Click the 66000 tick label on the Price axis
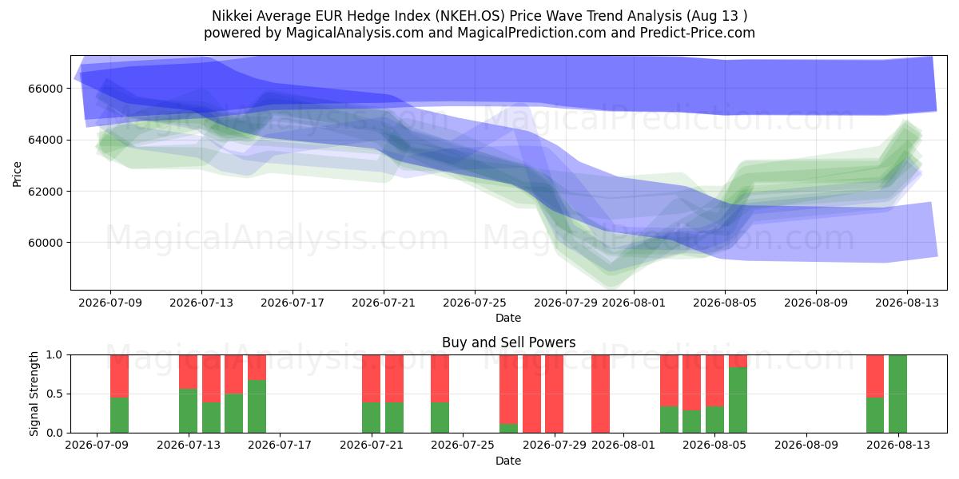(x=46, y=89)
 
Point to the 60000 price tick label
(x=46, y=243)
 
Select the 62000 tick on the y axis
(x=46, y=192)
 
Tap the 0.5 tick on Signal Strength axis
(x=54, y=394)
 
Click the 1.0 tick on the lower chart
(x=54, y=355)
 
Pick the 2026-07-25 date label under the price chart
(x=475, y=303)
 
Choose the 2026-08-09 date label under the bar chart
(x=806, y=445)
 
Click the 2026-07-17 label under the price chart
(x=292, y=303)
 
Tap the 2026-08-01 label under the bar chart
(x=623, y=445)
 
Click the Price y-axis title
(x=17, y=174)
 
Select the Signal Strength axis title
(x=34, y=394)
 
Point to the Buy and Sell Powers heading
(x=508, y=342)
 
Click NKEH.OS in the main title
(x=469, y=16)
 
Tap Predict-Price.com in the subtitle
(x=698, y=33)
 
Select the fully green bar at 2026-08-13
(x=897, y=394)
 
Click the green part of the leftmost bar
(x=119, y=415)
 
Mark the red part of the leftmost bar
(x=119, y=376)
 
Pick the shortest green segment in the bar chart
(x=508, y=428)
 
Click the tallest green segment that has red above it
(x=738, y=400)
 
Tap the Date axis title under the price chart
(x=508, y=319)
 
